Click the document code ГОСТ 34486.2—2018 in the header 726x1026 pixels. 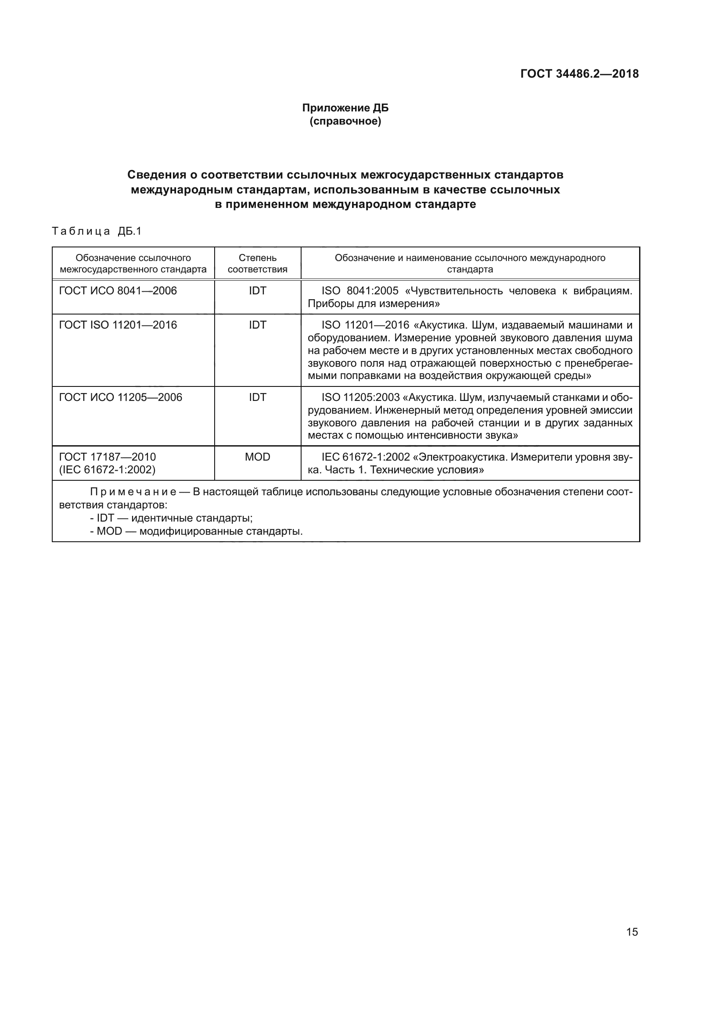tap(579, 74)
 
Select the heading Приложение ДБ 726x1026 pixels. tap(345, 108)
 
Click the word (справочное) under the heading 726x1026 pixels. tap(345, 121)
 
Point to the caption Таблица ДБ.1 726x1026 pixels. tap(97, 231)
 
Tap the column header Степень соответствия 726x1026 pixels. tap(258, 264)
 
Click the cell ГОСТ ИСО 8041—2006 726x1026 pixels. tap(118, 291)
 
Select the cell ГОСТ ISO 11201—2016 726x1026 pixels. tap(118, 325)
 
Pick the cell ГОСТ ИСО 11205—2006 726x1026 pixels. tap(121, 397)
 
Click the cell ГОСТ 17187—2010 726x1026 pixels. tap(108, 457)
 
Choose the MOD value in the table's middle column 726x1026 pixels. tap(258, 457)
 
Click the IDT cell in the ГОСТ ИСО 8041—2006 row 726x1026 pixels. tap(258, 291)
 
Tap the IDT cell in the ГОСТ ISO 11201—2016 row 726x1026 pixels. tap(258, 325)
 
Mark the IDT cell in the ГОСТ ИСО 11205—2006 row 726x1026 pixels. tap(258, 397)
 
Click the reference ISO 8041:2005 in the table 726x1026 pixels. tap(360, 291)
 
